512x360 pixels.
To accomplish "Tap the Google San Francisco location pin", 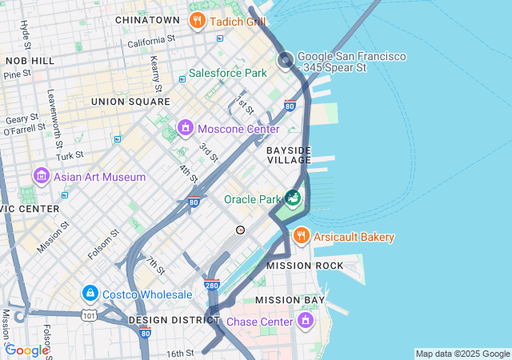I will click(x=286, y=60).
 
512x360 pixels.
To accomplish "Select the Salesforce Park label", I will click(x=227, y=73).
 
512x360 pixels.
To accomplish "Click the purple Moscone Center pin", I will click(x=186, y=128).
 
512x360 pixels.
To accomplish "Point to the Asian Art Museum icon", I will click(x=41, y=176).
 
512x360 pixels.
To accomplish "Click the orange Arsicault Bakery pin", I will click(x=301, y=236).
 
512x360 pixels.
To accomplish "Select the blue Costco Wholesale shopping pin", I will click(x=90, y=294).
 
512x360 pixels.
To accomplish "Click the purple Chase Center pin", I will click(x=305, y=321).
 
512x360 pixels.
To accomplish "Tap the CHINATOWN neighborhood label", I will click(x=147, y=19).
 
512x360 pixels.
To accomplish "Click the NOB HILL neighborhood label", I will click(x=30, y=61).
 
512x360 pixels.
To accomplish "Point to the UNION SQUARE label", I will click(x=130, y=102).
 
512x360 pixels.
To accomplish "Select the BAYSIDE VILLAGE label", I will click(x=288, y=155).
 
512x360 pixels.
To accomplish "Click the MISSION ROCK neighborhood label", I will click(x=305, y=266).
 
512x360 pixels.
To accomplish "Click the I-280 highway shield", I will click(x=211, y=284).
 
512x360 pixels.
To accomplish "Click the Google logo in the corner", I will click(x=27, y=350).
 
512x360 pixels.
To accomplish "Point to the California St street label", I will click(x=152, y=40).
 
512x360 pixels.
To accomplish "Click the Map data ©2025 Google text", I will click(x=462, y=354).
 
